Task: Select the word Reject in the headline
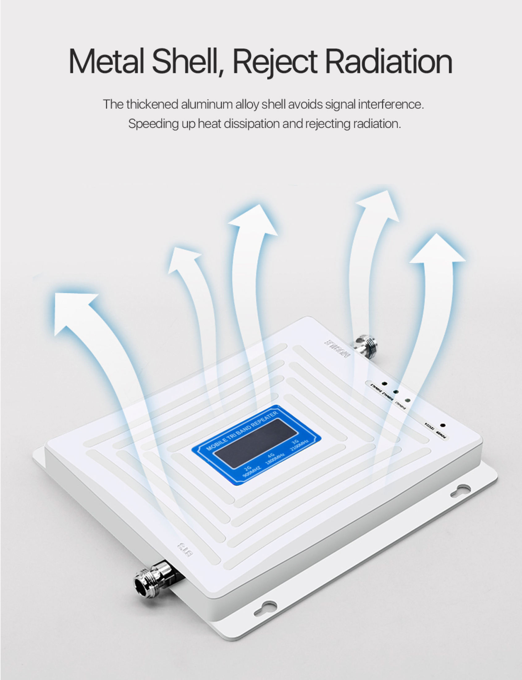pyautogui.click(x=275, y=61)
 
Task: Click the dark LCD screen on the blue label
pyautogui.click(x=256, y=443)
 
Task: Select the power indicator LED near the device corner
pyautogui.click(x=443, y=425)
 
